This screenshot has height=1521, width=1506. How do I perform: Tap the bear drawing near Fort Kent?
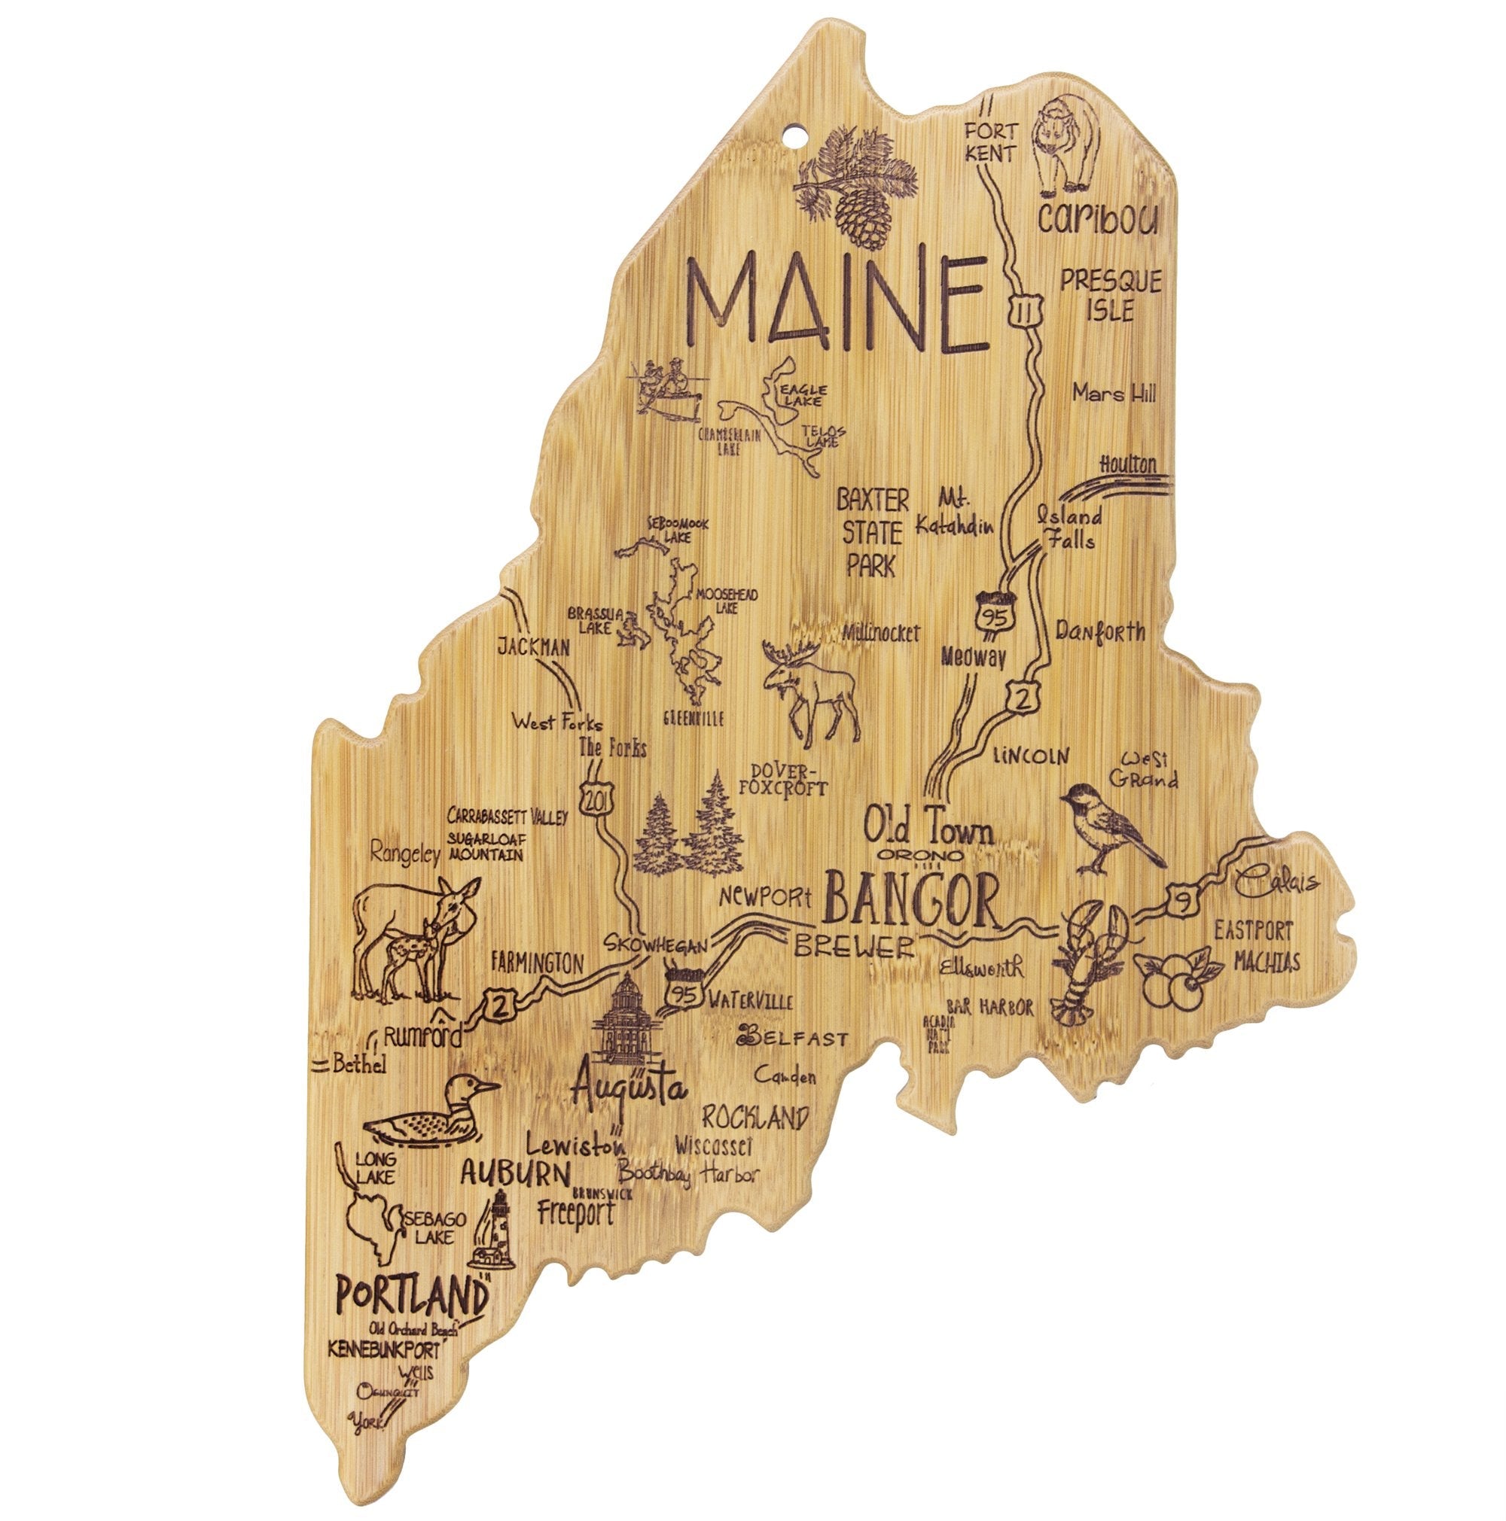pyautogui.click(x=1068, y=148)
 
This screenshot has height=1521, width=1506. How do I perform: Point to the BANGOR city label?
pyautogui.click(x=911, y=902)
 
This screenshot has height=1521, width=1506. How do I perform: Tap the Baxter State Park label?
pyautogui.click(x=872, y=532)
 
